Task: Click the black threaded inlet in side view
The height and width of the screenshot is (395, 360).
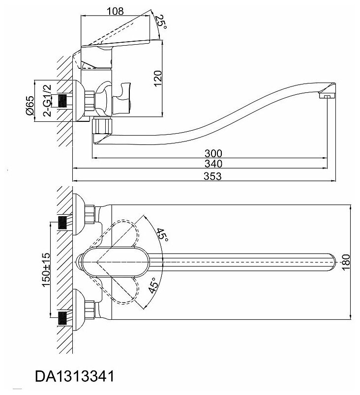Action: pos(62,100)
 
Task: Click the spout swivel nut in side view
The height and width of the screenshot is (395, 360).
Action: pos(102,126)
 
